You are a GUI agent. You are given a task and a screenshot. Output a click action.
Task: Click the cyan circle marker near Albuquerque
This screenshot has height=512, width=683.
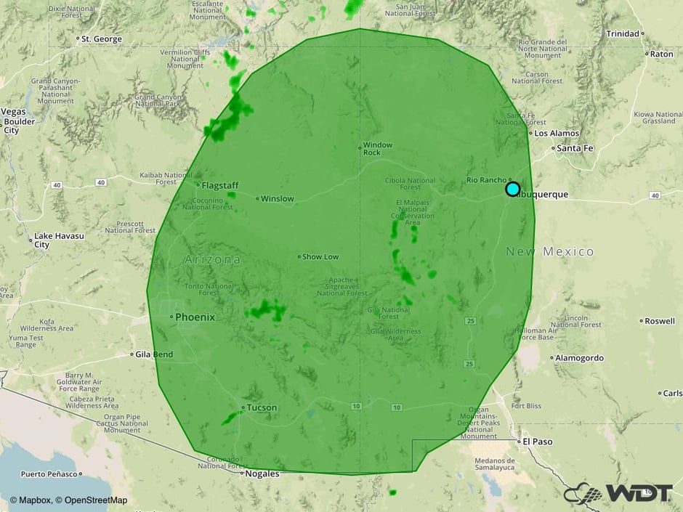pyautogui.click(x=512, y=189)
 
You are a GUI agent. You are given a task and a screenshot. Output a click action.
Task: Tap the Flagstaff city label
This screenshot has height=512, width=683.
pyautogui.click(x=219, y=185)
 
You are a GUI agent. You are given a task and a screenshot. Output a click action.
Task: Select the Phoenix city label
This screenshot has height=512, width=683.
pyautogui.click(x=195, y=317)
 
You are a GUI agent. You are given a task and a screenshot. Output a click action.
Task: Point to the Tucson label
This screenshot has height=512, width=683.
pyautogui.click(x=262, y=407)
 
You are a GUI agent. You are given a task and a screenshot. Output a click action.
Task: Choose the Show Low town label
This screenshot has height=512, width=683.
pyautogui.click(x=320, y=256)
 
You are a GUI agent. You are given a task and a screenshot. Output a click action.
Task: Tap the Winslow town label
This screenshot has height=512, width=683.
pyautogui.click(x=278, y=198)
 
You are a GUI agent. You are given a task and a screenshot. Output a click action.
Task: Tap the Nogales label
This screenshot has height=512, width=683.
pyautogui.click(x=262, y=474)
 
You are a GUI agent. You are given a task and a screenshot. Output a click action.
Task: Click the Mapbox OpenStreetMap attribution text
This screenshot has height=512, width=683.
pyautogui.click(x=69, y=500)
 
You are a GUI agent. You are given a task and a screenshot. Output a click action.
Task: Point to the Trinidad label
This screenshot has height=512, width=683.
pyautogui.click(x=623, y=33)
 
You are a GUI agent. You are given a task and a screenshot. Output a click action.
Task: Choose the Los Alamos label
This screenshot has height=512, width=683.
pyautogui.click(x=557, y=133)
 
